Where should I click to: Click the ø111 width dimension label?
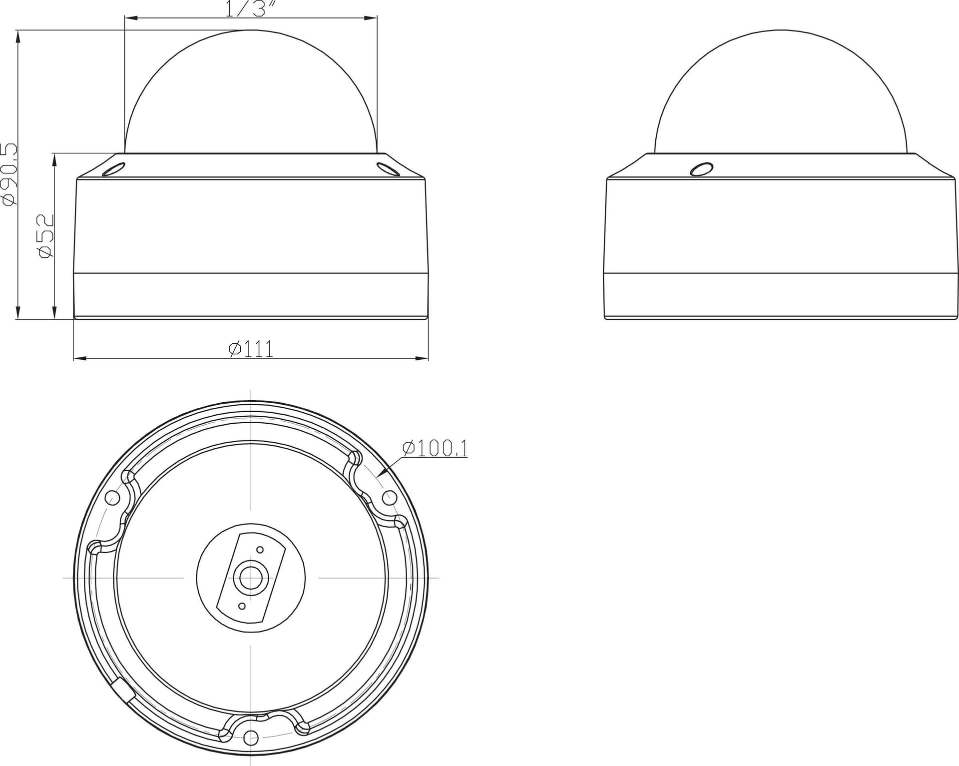(251, 348)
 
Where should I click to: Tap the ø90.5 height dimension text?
(10, 174)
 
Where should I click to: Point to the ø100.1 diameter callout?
(435, 448)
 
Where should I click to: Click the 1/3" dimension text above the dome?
(252, 9)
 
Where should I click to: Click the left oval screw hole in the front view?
(113, 168)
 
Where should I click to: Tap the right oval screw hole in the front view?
(388, 169)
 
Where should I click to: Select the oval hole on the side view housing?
(702, 168)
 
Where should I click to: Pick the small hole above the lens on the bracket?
(260, 550)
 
